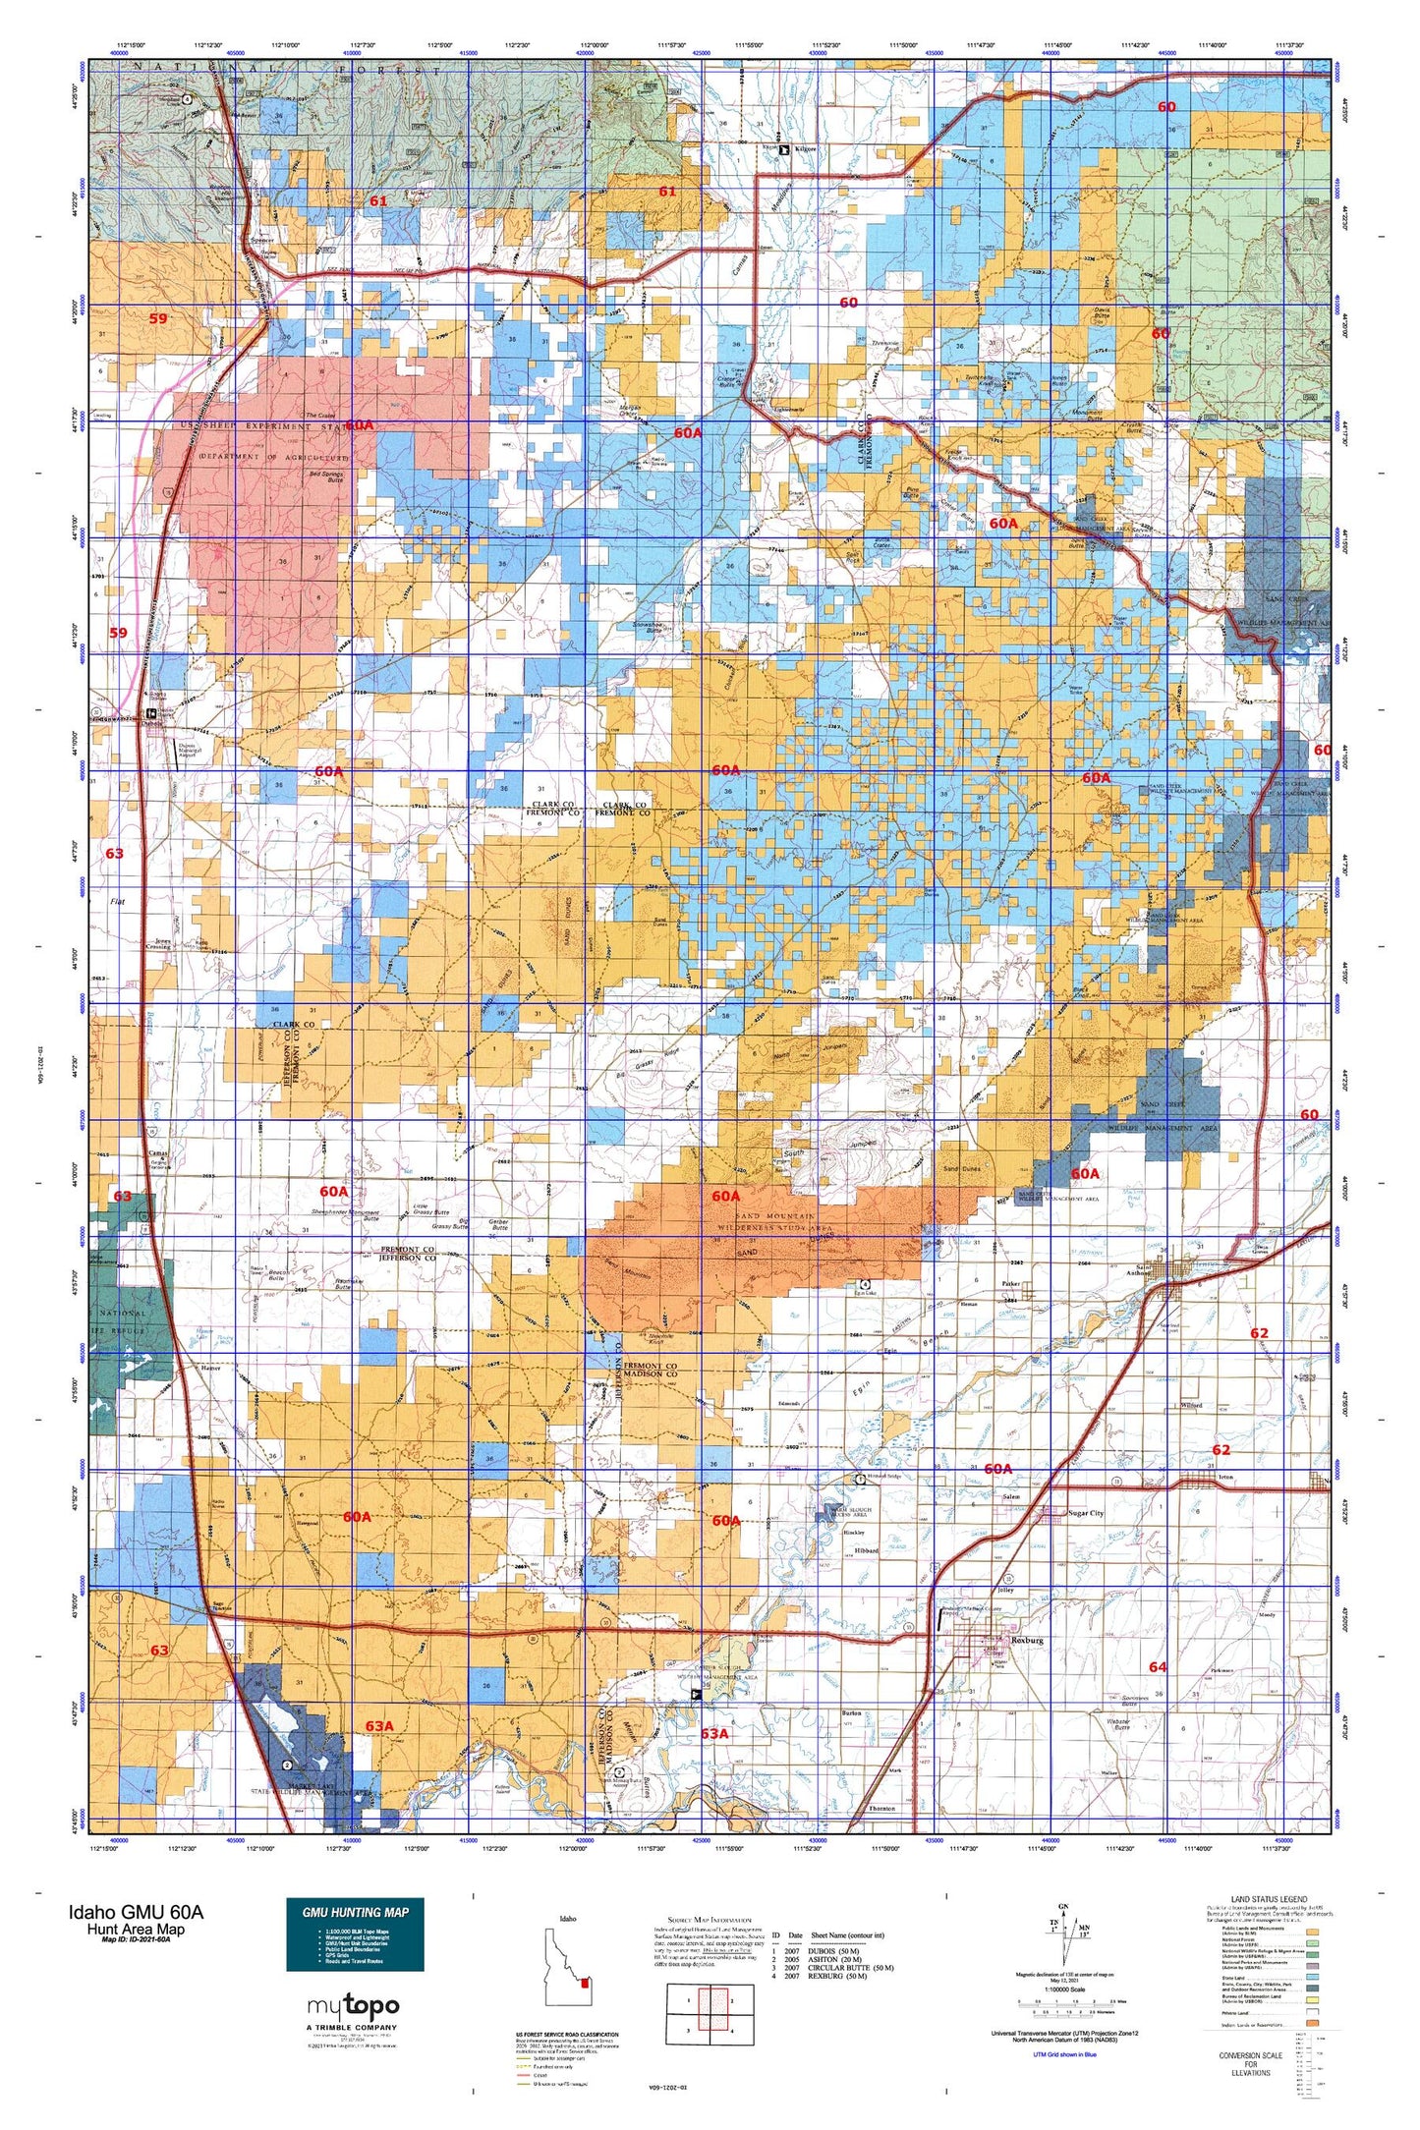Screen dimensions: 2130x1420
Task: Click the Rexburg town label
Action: [x=1027, y=1641]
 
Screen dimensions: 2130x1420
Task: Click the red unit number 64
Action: [x=1158, y=1667]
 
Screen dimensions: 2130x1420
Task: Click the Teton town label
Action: [x=1224, y=1477]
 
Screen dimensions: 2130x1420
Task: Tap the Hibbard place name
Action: [x=866, y=1550]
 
